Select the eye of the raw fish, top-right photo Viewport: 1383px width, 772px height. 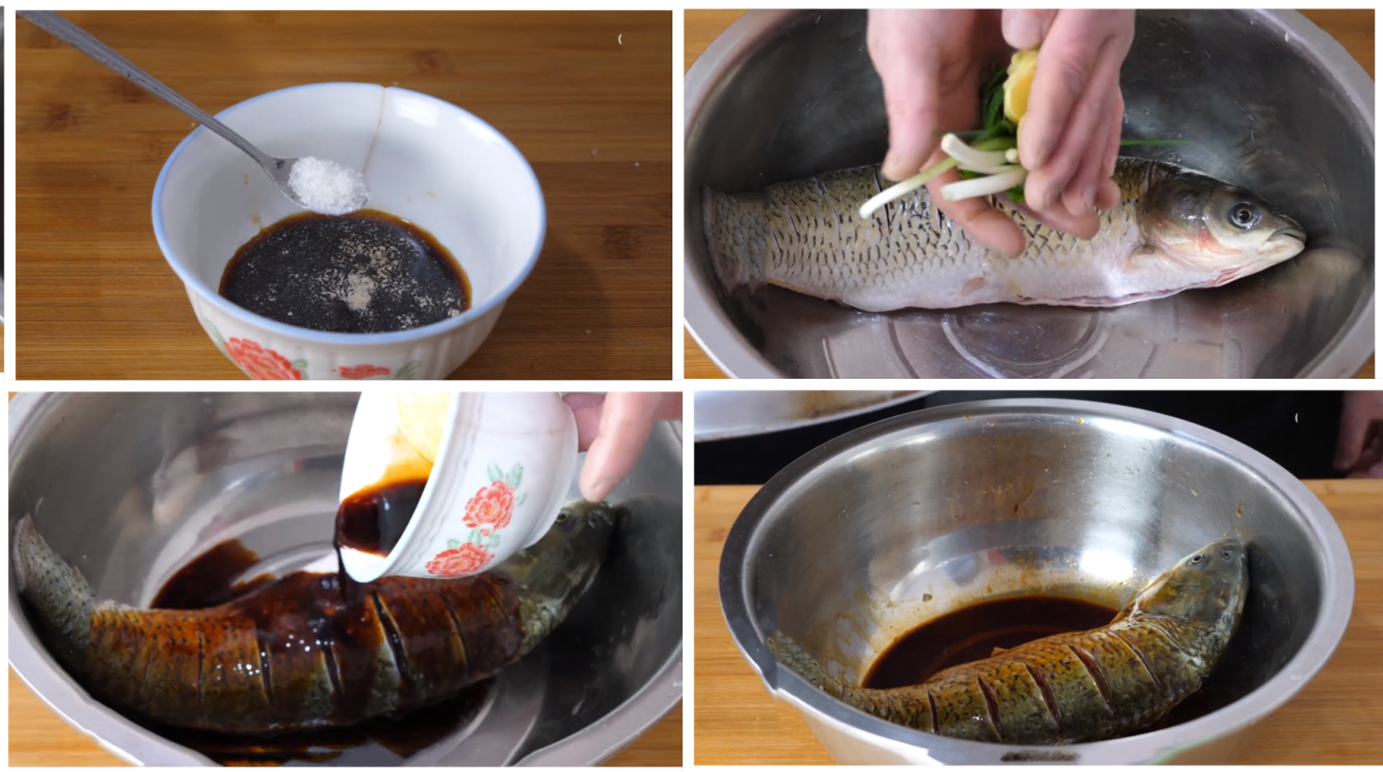coord(1243,215)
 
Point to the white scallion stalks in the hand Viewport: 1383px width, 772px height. coord(974,168)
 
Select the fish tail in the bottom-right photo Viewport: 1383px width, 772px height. coord(796,655)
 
